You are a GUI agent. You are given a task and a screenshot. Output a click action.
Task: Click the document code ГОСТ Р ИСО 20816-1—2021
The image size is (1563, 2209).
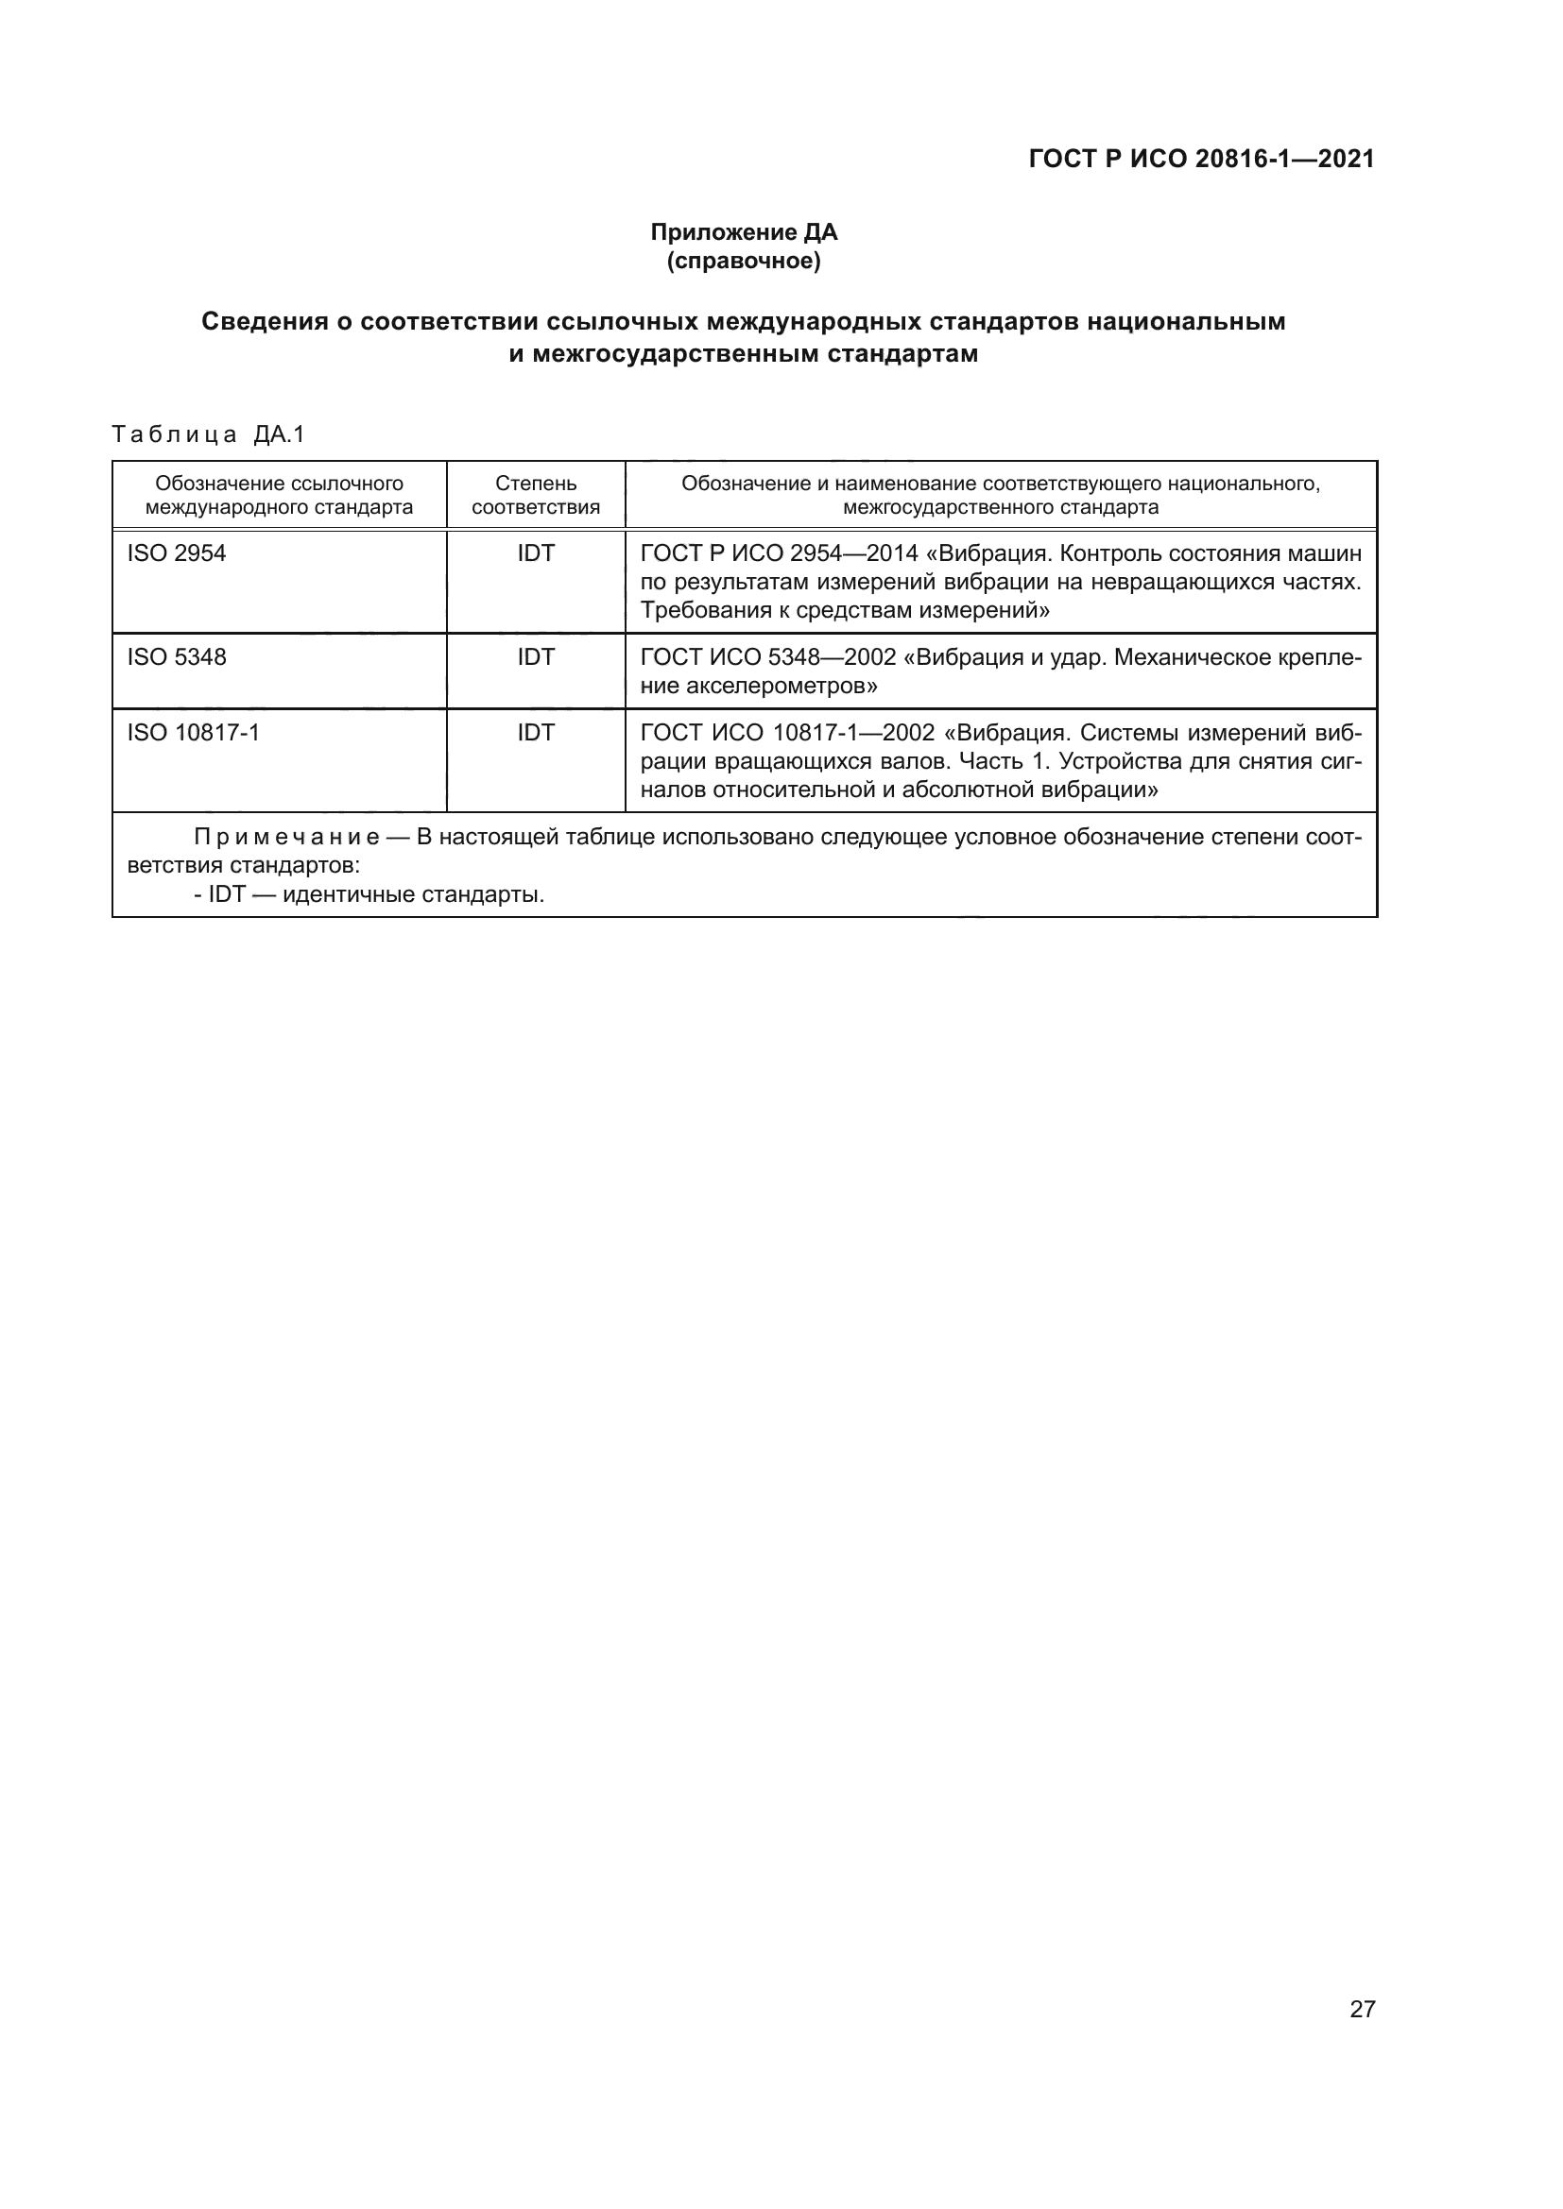tap(1201, 159)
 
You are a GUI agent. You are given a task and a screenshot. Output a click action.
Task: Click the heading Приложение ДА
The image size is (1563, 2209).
tap(744, 232)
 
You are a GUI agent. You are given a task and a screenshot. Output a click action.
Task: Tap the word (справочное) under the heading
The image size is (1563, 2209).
tap(744, 261)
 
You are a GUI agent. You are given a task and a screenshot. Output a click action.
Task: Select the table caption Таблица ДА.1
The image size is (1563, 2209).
tap(208, 434)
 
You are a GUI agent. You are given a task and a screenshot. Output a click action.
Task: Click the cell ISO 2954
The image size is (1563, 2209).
tap(177, 553)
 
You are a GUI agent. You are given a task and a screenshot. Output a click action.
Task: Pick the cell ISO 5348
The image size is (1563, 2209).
tap(177, 657)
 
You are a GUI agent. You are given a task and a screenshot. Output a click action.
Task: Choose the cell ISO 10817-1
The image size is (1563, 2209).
tap(194, 733)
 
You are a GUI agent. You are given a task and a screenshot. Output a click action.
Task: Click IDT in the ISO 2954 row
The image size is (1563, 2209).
tap(536, 553)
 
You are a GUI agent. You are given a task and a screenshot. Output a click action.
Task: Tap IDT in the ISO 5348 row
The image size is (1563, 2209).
tap(536, 657)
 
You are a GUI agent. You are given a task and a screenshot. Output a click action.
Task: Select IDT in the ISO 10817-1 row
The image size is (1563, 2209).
tap(536, 733)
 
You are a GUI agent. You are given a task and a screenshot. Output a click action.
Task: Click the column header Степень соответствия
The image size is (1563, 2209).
tap(536, 495)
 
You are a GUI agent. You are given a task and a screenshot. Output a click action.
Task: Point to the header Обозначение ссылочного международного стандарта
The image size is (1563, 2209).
tap(279, 495)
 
